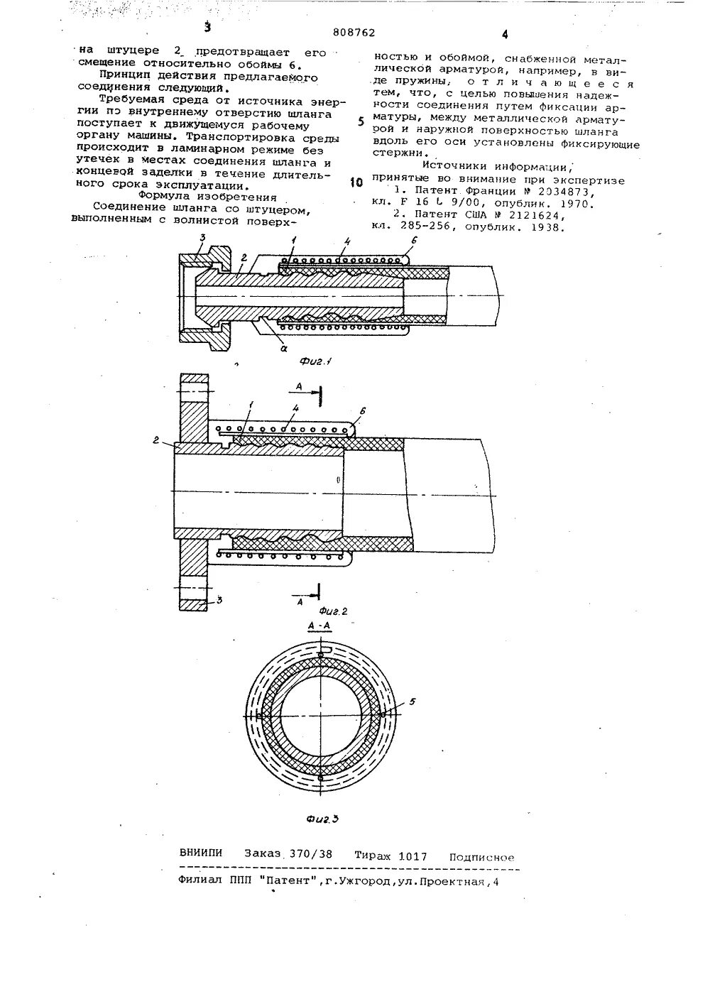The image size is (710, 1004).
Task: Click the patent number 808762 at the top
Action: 353,31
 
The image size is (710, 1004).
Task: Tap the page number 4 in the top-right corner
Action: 505,34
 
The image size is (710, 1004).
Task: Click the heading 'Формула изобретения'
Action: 197,196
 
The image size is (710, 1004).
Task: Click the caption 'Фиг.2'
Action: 332,610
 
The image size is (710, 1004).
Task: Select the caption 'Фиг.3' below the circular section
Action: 322,819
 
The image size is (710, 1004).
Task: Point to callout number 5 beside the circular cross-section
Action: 413,702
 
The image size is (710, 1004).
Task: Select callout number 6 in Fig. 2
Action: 363,410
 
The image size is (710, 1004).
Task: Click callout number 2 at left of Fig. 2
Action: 154,441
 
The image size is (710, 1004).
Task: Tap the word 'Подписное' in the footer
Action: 481,857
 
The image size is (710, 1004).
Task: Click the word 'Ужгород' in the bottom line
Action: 372,881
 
